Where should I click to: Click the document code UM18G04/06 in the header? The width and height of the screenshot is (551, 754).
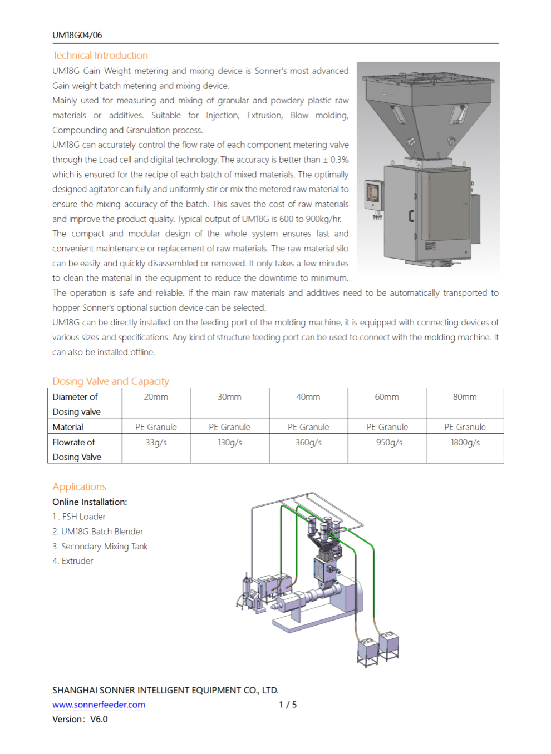[x=77, y=35]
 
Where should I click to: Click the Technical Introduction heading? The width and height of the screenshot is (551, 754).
[x=100, y=56]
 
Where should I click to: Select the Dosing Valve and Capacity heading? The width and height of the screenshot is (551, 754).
[x=110, y=381]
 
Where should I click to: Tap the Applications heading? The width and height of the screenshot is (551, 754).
[x=79, y=487]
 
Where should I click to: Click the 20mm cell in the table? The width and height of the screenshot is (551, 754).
[x=156, y=397]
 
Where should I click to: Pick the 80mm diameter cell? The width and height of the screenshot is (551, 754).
[x=465, y=397]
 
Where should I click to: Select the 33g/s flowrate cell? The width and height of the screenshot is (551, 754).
[x=156, y=443]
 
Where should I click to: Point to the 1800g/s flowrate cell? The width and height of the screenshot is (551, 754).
[x=465, y=443]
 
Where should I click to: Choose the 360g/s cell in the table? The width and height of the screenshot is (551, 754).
[x=308, y=443]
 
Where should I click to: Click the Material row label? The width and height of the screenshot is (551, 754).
[x=68, y=427]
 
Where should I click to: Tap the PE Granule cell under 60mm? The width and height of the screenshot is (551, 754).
[x=387, y=427]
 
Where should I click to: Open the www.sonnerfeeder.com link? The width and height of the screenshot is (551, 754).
[x=99, y=705]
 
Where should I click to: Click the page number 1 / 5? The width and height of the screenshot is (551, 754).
[x=288, y=705]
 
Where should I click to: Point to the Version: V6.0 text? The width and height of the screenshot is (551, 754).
[x=80, y=719]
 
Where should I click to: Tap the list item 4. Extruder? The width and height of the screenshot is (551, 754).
[x=73, y=561]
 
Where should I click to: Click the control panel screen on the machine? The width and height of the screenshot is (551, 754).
[x=372, y=192]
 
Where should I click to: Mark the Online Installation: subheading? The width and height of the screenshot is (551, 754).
[x=90, y=502]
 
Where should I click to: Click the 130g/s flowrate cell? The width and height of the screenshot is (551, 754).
[x=229, y=443]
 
